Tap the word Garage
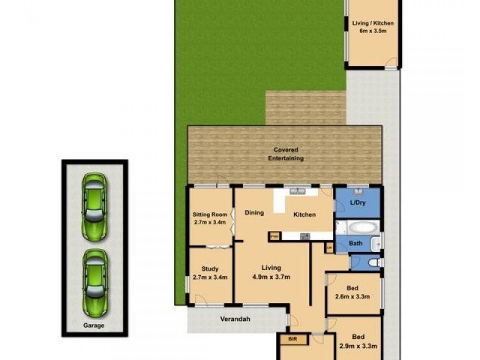[x=94, y=326]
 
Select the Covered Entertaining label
[x=285, y=154]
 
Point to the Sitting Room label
[x=209, y=218]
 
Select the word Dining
[x=254, y=212]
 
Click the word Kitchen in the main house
[x=304, y=215]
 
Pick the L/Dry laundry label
[x=358, y=203]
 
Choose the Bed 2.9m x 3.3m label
[x=359, y=341]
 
